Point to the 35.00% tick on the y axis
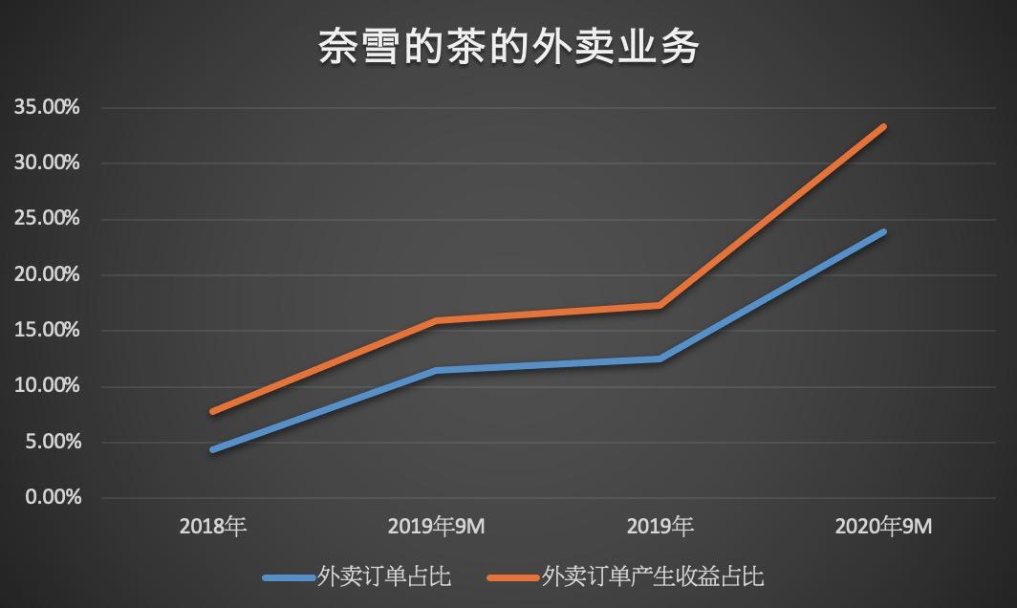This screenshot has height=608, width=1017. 48,107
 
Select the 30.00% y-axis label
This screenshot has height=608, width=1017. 48,163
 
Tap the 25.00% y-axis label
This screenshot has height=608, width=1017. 48,218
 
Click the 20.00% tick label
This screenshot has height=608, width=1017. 48,274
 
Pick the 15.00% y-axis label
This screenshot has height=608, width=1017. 48,330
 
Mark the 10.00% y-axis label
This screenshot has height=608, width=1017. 48,385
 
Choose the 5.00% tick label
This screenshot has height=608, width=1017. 53,442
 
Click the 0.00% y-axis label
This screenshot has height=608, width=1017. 53,497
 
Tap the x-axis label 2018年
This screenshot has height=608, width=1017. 212,527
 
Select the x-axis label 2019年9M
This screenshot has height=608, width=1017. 436,527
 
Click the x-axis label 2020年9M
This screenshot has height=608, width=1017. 883,527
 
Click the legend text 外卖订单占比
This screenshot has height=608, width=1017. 383,576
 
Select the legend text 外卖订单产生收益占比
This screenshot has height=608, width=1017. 653,576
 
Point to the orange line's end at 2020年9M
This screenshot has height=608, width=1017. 883,126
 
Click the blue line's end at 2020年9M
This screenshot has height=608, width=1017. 883,231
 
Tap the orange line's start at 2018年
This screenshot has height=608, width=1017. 212,411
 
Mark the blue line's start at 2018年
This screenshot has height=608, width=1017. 212,449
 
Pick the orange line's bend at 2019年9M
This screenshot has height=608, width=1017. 436,320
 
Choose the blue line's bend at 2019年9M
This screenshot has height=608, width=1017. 436,370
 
